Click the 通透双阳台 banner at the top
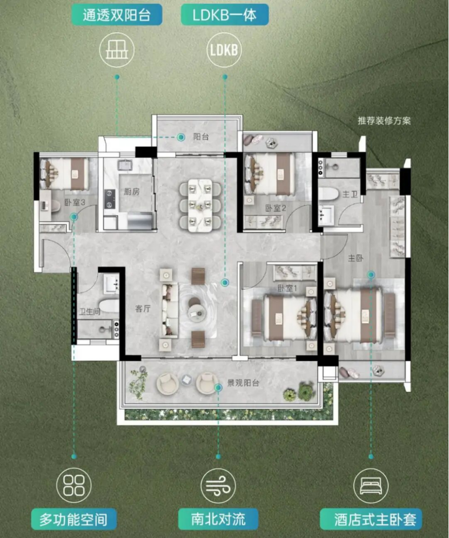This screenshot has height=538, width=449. coord(117,15)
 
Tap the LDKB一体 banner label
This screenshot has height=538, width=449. coord(225,15)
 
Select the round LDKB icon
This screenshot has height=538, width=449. coord(224,50)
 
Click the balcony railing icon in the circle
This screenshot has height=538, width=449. coord(117,50)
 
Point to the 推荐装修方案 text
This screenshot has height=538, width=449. coord(384,121)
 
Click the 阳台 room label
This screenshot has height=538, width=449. coord(201,137)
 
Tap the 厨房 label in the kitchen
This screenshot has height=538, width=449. coord(132,192)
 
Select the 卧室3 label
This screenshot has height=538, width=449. coord(75,202)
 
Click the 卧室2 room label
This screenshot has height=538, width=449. coord(276,208)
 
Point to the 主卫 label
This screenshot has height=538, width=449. coord(350,195)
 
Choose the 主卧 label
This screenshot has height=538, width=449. coord(356,258)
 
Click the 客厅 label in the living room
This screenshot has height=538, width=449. coord(143,309)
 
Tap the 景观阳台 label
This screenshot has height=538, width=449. coord(243,383)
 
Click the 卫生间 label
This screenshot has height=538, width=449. coord(90,311)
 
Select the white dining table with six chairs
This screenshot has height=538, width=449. coord(200,206)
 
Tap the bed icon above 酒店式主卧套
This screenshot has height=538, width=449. coord(371,486)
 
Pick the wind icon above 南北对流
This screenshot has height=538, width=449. coord(218,486)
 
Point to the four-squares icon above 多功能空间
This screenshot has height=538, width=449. coord(74,485)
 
